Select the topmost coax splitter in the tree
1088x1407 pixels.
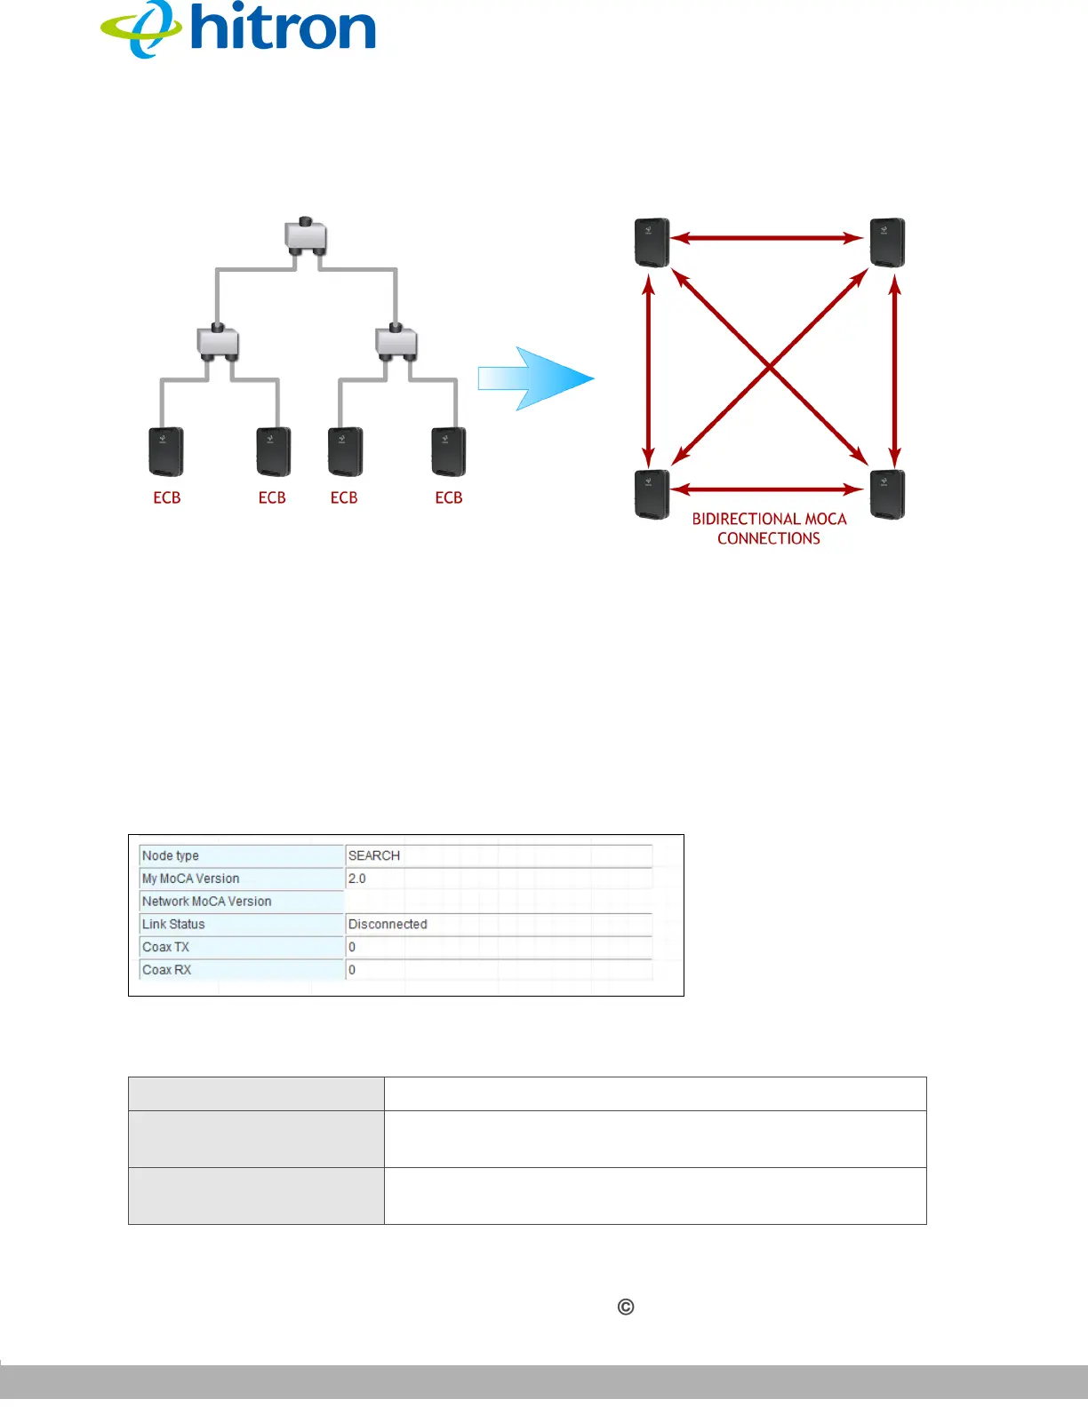pos(306,236)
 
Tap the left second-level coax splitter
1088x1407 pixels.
pos(218,341)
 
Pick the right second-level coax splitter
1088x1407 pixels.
pos(396,341)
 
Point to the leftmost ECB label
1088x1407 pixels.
pos(167,498)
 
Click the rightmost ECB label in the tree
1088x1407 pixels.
pos(449,498)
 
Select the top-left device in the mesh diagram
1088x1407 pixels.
pos(652,242)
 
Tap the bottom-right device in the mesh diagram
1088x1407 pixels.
pos(887,494)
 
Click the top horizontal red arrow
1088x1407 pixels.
pos(767,238)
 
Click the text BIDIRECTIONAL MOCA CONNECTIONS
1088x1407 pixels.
pos(769,529)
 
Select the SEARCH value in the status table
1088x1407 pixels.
pos(374,855)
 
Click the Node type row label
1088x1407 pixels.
pos(171,855)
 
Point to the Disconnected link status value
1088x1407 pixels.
pos(388,924)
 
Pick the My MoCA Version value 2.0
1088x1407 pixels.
pos(356,878)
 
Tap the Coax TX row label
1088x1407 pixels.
pos(166,947)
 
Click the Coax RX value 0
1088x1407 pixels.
pos(352,970)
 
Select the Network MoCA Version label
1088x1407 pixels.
pos(207,902)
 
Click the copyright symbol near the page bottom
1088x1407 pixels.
pos(626,1307)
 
